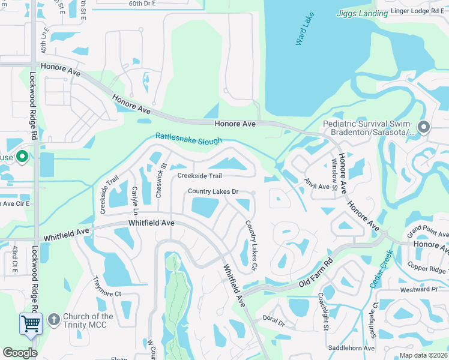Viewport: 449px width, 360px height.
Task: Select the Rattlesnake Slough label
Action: (188, 139)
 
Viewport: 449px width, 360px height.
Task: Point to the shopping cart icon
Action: (31, 323)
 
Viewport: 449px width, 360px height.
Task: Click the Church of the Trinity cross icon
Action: (53, 317)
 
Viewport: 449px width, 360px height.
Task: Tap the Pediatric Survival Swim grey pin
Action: (424, 127)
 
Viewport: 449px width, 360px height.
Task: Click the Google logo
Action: (20, 353)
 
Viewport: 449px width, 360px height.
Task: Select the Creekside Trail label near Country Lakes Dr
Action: (200, 176)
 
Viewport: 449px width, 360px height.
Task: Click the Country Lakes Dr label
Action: (213, 191)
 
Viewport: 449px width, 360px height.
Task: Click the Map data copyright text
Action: (423, 355)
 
